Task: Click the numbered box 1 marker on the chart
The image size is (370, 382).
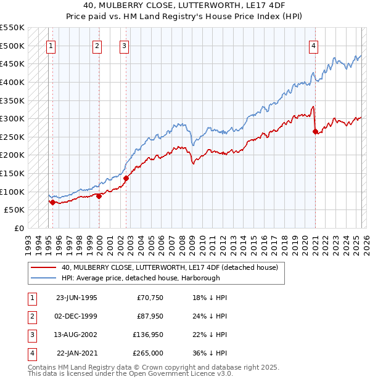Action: coord(50,45)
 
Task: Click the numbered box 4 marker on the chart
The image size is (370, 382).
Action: coord(313,45)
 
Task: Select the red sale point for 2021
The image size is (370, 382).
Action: coord(315,131)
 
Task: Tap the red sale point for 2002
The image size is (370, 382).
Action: coord(126,178)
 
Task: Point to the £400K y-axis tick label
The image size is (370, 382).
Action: coord(12,82)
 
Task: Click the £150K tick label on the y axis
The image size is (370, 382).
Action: coord(12,173)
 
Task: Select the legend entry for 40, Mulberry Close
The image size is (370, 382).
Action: coord(170,267)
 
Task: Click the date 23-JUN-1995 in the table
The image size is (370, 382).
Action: coord(76,298)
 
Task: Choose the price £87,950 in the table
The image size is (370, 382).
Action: coord(149,317)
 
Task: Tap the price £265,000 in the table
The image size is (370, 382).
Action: coord(149,354)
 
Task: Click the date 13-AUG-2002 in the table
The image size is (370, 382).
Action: coord(76,335)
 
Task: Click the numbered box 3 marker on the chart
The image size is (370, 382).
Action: coord(124,45)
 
